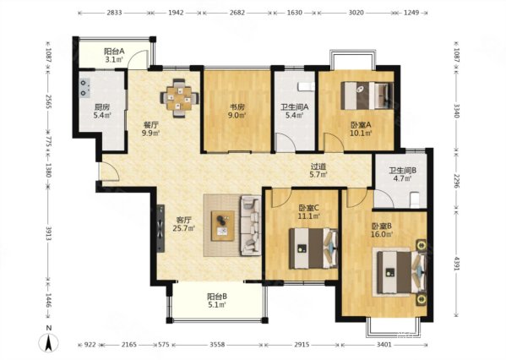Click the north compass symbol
(48, 342)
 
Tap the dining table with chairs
(179, 98)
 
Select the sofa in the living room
(250, 226)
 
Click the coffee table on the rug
(223, 226)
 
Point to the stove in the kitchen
(84, 88)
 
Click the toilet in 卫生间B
(415, 200)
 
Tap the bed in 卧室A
(367, 95)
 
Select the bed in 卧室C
(313, 248)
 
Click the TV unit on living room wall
(161, 229)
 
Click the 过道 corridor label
(318, 167)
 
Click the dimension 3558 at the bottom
(217, 345)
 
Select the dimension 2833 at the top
(114, 13)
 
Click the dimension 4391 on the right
(457, 265)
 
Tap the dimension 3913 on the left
(48, 233)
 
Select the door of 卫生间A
(286, 142)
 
